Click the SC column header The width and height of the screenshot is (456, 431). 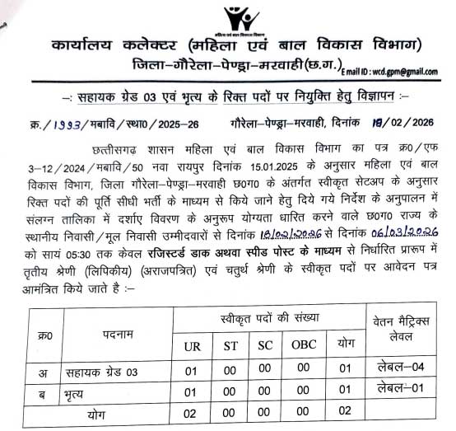coord(266,345)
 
